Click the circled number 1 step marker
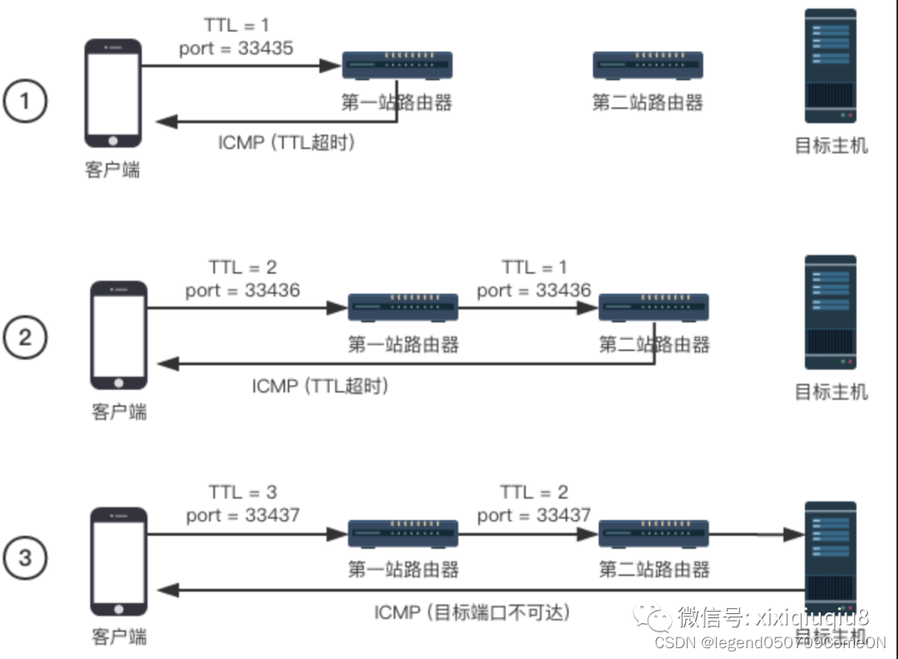25,102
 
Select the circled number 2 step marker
25,337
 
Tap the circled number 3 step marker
25,556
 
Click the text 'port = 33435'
236,48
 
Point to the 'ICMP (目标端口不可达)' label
472,613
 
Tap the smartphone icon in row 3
119,562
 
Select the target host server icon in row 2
830,312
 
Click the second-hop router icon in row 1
648,65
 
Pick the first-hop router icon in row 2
402,307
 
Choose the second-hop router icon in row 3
654,533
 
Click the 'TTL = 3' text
242,492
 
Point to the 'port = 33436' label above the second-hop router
534,290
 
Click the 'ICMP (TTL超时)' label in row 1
287,143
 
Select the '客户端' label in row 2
119,411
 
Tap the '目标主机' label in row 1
831,146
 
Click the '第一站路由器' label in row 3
403,570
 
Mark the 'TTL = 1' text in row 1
236,25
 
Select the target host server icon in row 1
830,66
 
